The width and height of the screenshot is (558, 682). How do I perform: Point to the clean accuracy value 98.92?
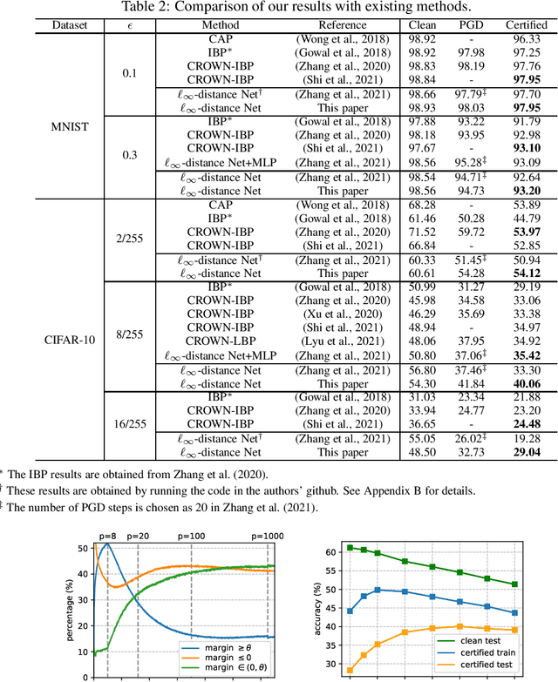tap(423, 40)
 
